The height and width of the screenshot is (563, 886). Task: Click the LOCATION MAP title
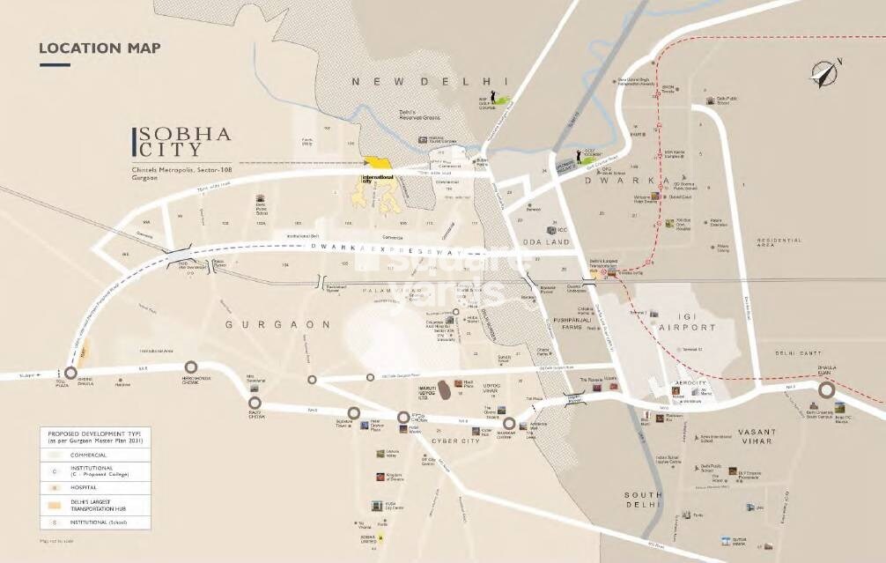coord(100,48)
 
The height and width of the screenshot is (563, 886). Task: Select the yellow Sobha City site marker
coord(380,163)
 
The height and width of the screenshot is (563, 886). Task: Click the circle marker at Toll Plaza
coord(70,373)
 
